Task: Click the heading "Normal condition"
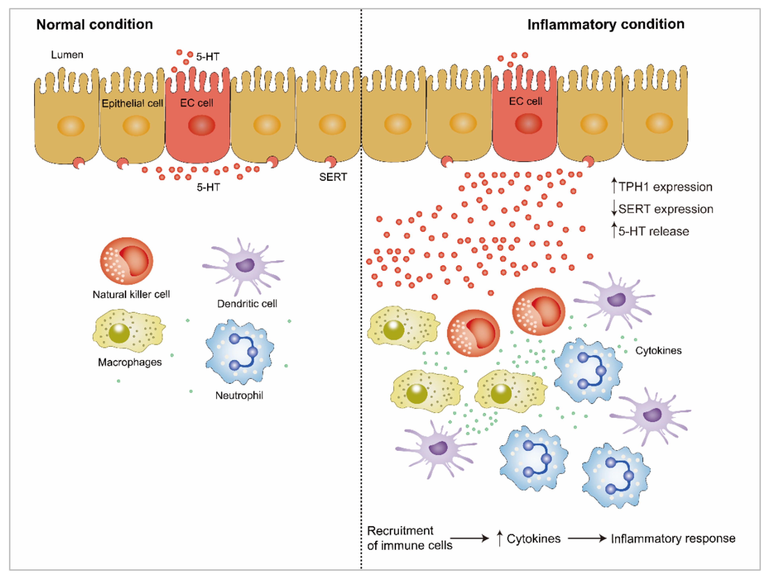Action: click(95, 25)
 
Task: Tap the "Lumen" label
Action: click(67, 55)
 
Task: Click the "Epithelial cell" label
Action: click(132, 103)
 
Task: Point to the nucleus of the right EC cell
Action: click(528, 123)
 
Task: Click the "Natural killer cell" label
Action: click(131, 294)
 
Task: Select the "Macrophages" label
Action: click(130, 362)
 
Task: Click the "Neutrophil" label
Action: click(239, 395)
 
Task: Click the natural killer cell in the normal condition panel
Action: click(126, 261)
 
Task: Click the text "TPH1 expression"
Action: click(665, 187)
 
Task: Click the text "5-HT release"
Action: click(654, 231)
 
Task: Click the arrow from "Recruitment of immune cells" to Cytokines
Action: click(469, 539)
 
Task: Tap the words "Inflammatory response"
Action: click(673, 539)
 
